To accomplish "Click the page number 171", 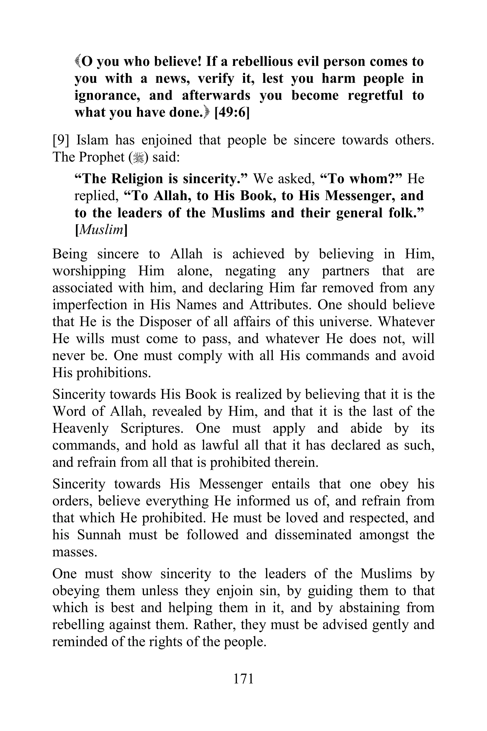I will [243, 678].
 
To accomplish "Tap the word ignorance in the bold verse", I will [107, 95].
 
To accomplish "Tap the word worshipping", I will [89, 271].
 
